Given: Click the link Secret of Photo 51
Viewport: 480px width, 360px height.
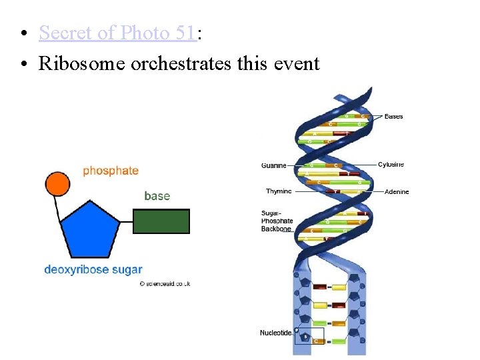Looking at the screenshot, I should coord(117,32).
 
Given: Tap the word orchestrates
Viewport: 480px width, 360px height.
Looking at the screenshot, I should coord(190,63).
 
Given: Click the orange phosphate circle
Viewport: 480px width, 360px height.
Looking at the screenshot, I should coord(57,183).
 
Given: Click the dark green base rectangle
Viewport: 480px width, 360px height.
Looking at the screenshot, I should coord(161,221).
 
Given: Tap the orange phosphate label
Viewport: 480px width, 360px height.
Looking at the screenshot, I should coord(111,171).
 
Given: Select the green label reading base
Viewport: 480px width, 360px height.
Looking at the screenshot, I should coord(157,196).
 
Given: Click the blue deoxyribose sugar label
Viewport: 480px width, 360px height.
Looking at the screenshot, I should coord(93,270).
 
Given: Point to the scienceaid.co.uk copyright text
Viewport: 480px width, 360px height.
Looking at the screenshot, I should coord(165,283).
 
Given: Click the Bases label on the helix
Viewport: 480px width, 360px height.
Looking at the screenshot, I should coord(393,117).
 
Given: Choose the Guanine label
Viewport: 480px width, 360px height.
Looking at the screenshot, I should coord(274,165).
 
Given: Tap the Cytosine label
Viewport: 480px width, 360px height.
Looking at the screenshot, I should coord(391,165).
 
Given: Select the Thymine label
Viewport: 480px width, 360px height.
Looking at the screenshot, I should coord(279,191).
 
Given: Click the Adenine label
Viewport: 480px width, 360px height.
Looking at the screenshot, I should coord(397,192).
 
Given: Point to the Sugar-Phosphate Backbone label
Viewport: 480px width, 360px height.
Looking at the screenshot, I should coord(277,221).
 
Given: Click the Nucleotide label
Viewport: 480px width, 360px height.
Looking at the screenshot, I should coord(275,333).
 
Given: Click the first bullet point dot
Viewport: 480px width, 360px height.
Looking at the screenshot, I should coord(23,33).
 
